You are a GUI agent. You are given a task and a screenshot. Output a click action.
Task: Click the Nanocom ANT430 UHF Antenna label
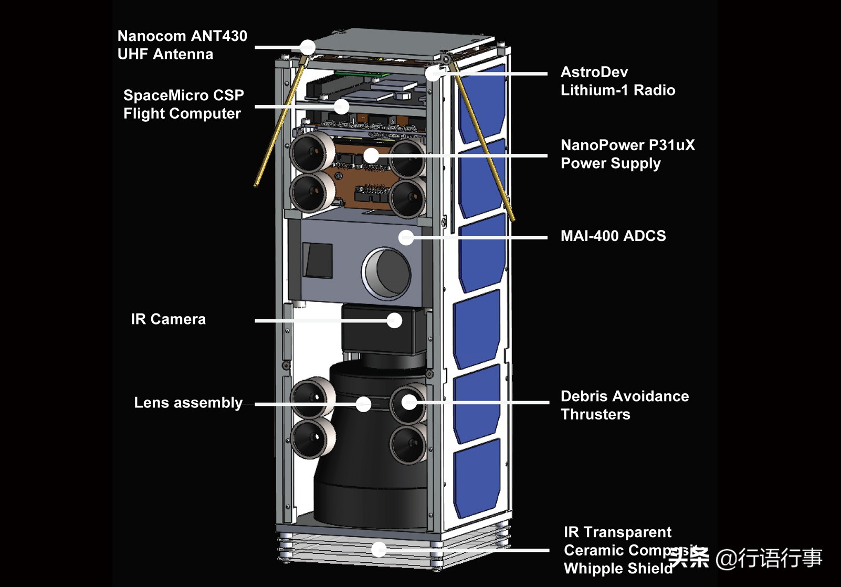[182, 45]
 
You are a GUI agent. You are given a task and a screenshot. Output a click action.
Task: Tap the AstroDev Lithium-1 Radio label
[617, 81]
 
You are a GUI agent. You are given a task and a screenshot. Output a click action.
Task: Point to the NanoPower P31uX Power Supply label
[627, 154]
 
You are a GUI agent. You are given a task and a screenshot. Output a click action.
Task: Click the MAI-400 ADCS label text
[613, 236]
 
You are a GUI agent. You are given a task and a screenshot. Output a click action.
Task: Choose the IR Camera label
[168, 319]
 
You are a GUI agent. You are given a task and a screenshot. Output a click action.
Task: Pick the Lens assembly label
[188, 403]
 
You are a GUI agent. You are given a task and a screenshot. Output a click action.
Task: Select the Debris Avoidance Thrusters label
[624, 405]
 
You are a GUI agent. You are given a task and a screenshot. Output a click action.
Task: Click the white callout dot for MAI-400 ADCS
[406, 237]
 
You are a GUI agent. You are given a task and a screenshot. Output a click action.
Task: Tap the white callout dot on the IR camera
[394, 320]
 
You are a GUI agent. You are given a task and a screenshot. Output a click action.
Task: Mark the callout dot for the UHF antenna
[308, 47]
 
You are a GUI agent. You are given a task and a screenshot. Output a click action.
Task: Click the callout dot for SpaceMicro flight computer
[342, 107]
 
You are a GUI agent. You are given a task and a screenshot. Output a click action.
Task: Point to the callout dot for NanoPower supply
[371, 155]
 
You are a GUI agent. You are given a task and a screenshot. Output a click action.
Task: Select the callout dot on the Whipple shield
[379, 550]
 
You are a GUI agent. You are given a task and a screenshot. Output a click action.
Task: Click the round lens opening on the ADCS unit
[387, 272]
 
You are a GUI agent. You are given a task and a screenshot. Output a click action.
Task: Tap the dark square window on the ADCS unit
[318, 260]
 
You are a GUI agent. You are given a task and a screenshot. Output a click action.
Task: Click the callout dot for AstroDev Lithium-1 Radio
[433, 74]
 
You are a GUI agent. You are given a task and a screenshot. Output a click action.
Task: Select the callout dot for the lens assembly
[363, 404]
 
